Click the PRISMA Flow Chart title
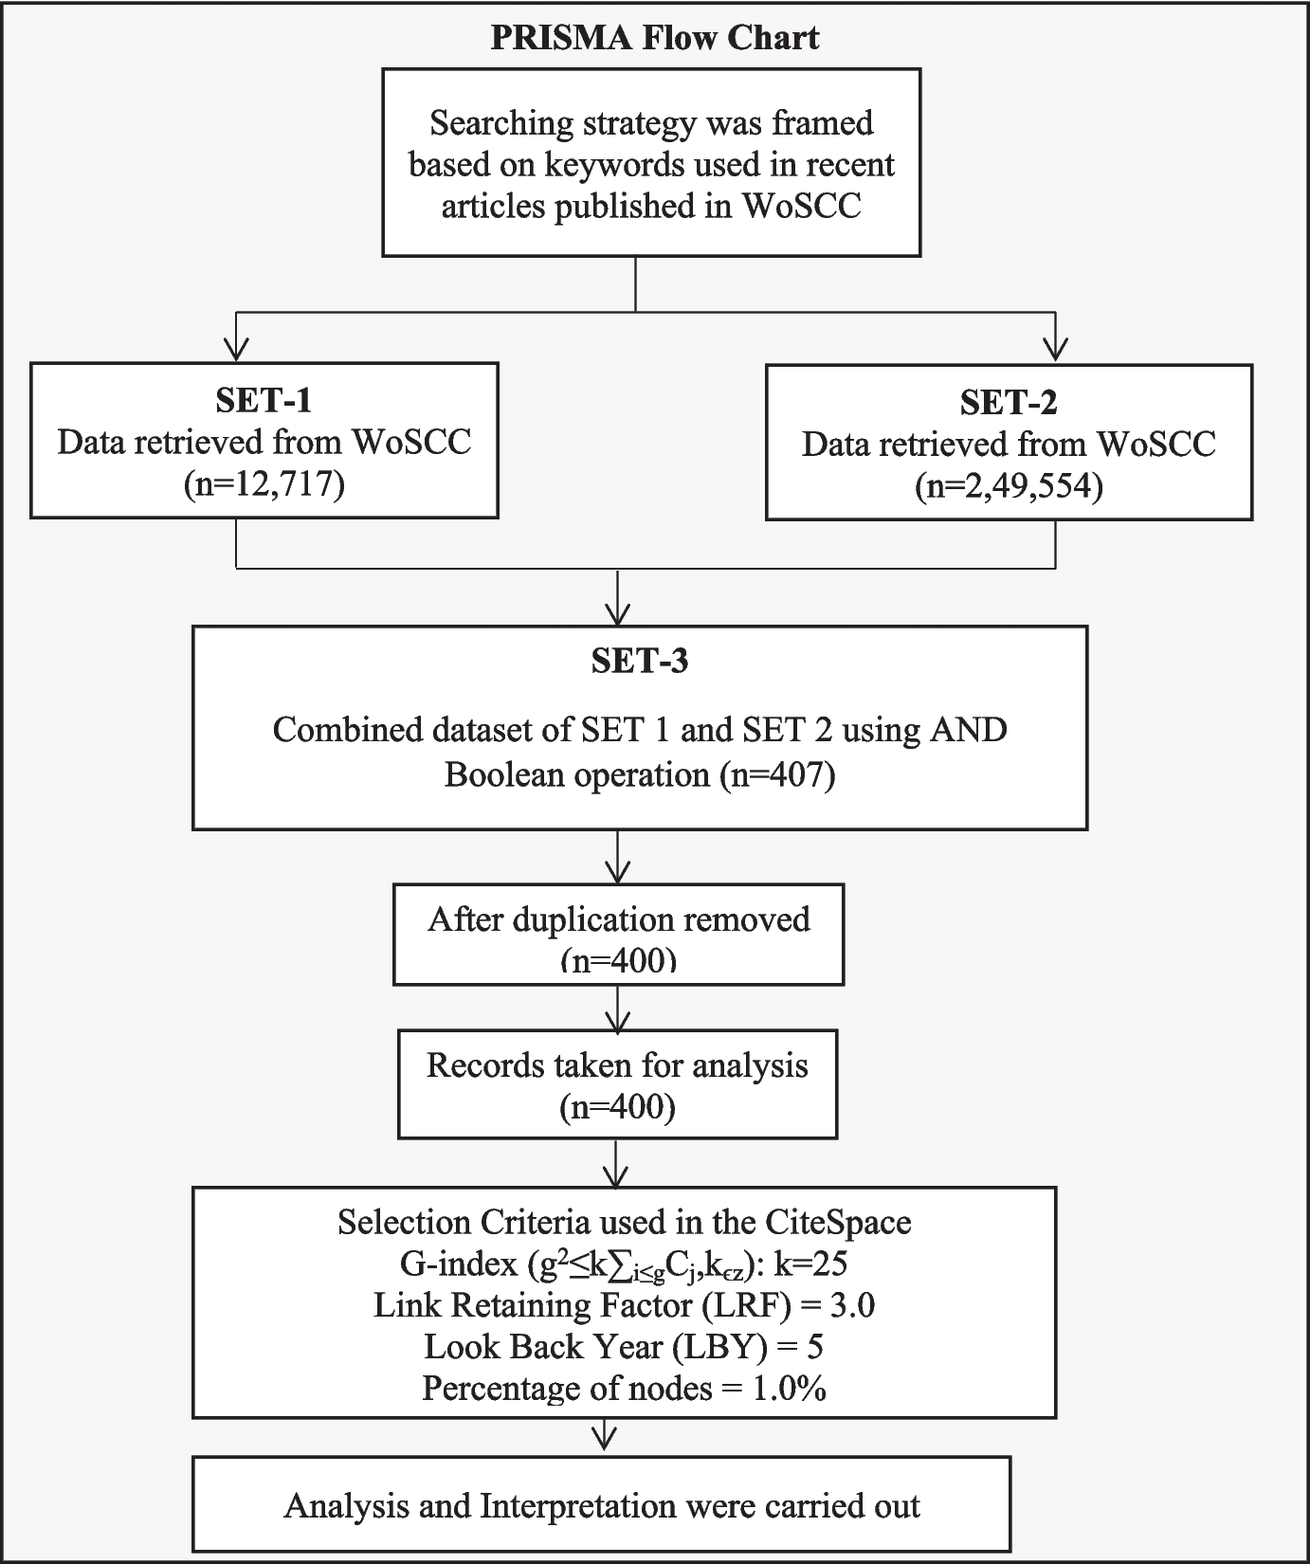click(x=654, y=37)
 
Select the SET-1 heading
click(x=264, y=400)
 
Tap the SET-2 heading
click(x=1008, y=403)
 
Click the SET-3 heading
click(x=639, y=661)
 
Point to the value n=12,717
click(x=264, y=484)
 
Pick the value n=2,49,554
click(x=1009, y=486)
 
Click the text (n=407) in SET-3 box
click(x=777, y=775)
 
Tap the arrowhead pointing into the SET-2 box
click(x=1055, y=350)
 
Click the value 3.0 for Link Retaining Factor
click(x=852, y=1305)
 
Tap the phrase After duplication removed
click(x=618, y=919)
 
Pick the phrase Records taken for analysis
click(x=617, y=1065)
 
